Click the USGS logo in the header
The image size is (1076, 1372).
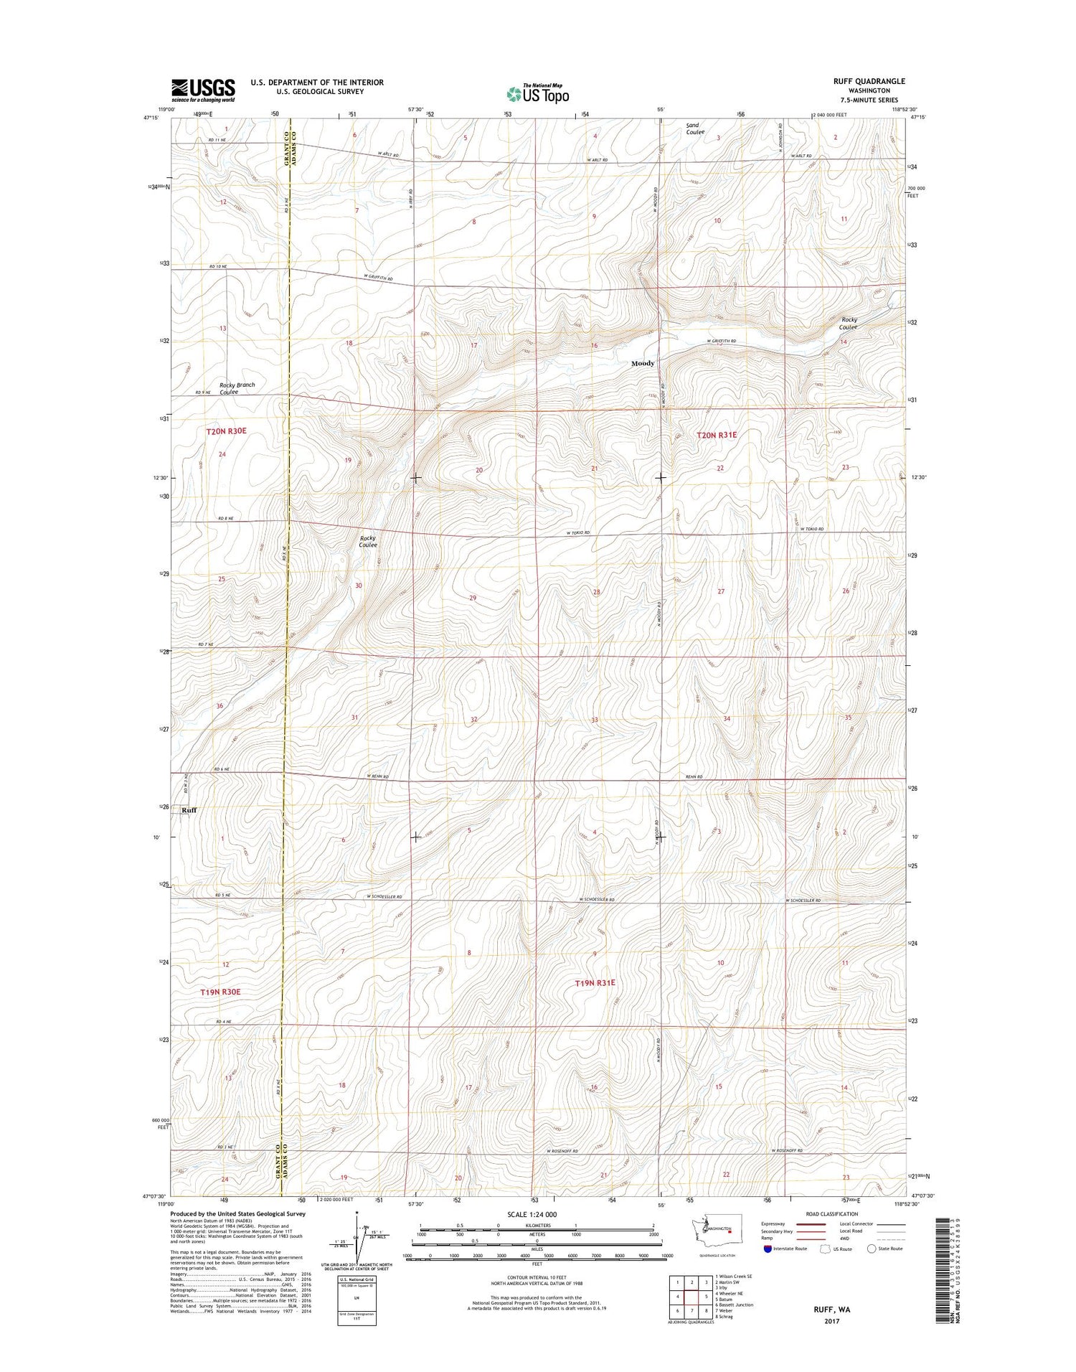203,90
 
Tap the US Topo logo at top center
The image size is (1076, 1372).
538,93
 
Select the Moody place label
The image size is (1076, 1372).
643,363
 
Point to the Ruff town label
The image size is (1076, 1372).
189,810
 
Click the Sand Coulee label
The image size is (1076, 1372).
694,128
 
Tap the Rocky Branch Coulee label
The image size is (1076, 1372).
237,388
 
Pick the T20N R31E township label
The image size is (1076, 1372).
717,435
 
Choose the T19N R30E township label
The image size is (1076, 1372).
220,992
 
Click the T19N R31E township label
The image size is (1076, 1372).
595,982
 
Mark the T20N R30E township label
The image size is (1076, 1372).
226,431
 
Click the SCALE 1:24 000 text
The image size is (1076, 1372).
531,1214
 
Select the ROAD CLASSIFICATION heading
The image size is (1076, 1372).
831,1214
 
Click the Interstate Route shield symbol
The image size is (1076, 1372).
768,1249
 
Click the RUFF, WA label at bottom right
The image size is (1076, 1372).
831,1310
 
